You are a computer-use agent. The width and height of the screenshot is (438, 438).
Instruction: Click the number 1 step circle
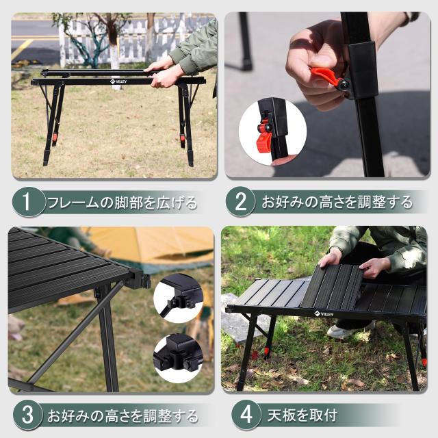click(x=27, y=202)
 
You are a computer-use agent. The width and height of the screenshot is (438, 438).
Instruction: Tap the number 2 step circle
click(x=240, y=202)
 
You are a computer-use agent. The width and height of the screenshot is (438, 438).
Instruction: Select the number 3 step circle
click(x=27, y=415)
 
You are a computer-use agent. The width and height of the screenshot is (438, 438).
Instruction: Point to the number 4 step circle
click(x=245, y=415)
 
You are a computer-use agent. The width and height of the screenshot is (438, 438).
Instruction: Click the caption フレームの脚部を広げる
click(x=122, y=203)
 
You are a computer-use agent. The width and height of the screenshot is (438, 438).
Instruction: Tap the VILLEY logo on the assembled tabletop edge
click(x=324, y=314)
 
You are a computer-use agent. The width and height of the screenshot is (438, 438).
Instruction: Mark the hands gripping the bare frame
click(x=164, y=72)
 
